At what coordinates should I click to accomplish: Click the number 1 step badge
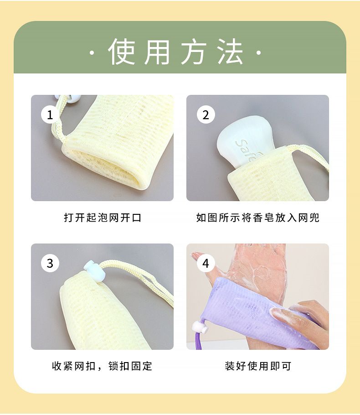tap(50, 114)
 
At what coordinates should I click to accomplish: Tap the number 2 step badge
tap(206, 114)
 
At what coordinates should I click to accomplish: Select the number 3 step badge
tap(50, 263)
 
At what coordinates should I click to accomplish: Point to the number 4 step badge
tap(206, 263)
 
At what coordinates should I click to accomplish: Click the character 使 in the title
tap(122, 52)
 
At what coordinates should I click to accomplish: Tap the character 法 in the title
tap(230, 52)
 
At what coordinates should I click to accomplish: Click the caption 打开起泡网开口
tap(103, 218)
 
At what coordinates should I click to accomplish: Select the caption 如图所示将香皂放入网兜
tap(258, 218)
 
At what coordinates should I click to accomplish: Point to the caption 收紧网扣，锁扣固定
tap(102, 366)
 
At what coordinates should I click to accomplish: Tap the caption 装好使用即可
tap(258, 366)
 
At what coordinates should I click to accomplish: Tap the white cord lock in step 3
tap(95, 270)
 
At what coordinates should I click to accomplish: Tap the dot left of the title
tap(92, 52)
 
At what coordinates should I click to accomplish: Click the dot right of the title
tap(259, 52)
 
